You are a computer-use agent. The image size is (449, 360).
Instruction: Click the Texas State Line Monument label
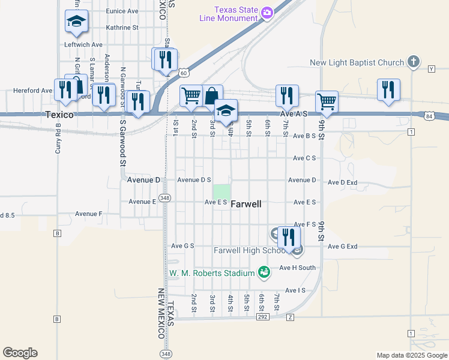pyautogui.click(x=229, y=14)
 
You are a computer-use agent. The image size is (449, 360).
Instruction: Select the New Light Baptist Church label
pyautogui.click(x=357, y=62)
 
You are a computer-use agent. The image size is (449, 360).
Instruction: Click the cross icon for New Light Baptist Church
pyautogui.click(x=413, y=61)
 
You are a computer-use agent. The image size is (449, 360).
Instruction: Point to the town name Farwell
pyautogui.click(x=246, y=204)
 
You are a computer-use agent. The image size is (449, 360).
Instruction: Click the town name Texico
pyautogui.click(x=59, y=114)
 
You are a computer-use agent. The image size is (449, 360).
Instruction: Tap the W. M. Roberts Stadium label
pyautogui.click(x=211, y=274)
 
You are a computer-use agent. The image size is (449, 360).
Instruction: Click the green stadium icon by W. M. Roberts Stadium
pyautogui.click(x=263, y=273)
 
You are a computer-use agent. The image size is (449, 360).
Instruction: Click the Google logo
pyautogui.click(x=20, y=353)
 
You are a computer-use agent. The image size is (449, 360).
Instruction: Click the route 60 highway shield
pyautogui.click(x=184, y=73)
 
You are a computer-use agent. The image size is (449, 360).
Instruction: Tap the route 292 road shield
pyautogui.click(x=262, y=316)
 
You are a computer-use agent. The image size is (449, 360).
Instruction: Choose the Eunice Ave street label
pyautogui.click(x=122, y=11)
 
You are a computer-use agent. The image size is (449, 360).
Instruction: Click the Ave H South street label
pyautogui.click(x=297, y=268)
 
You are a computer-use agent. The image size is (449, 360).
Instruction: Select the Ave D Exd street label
pyautogui.click(x=343, y=182)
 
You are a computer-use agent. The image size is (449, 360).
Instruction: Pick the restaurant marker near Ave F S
pyautogui.click(x=289, y=237)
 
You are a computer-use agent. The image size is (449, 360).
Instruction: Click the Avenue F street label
pyautogui.click(x=88, y=214)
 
